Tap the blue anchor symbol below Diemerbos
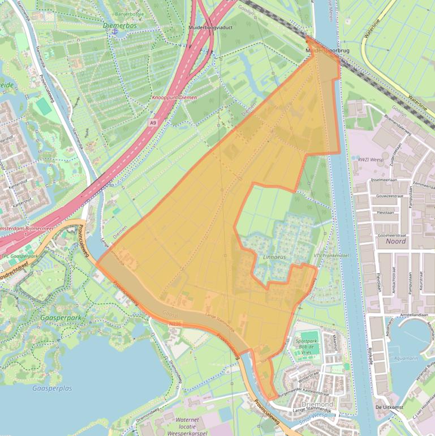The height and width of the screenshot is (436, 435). click(115, 32)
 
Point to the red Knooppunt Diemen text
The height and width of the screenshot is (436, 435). click(175, 97)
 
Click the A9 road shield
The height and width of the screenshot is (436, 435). click(153, 122)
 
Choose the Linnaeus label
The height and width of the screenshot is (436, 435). click(275, 258)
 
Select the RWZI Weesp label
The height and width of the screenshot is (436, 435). click(370, 160)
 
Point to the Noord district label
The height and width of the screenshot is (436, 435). click(395, 241)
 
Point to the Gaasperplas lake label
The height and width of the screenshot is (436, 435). click(53, 388)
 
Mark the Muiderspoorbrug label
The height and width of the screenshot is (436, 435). click(328, 50)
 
